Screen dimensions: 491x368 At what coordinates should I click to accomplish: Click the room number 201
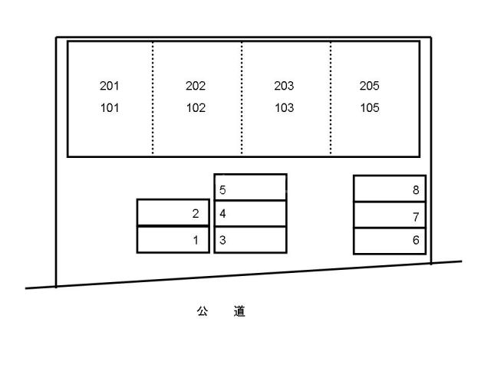[x=109, y=86]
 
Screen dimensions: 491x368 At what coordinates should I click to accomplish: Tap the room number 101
[x=110, y=108]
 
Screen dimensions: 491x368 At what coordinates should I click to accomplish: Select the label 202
[x=196, y=86]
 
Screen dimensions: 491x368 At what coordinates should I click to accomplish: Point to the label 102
[x=196, y=108]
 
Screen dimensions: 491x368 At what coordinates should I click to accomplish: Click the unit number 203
[x=284, y=86]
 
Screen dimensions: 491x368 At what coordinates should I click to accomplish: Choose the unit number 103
[x=285, y=108]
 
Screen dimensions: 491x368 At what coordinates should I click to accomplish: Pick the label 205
[x=370, y=86]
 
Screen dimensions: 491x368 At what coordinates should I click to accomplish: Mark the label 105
[x=370, y=108]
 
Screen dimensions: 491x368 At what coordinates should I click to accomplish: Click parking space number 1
[x=196, y=240]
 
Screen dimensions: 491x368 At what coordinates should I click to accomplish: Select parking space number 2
[x=196, y=214]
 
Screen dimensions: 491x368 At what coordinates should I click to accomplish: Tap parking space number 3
[x=222, y=240]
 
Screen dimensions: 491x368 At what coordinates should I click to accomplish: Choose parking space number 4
[x=222, y=214]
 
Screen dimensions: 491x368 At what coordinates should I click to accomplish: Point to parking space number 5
[x=222, y=190]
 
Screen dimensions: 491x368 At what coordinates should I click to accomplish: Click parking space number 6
[x=416, y=240]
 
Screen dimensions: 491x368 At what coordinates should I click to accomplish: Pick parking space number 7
[x=416, y=217]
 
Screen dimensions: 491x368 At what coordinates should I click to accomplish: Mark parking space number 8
[x=416, y=190]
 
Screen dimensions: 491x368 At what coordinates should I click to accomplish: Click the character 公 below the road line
[x=203, y=311]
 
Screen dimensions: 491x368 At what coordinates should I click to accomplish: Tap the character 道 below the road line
[x=239, y=311]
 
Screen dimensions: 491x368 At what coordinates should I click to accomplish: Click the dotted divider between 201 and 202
[x=153, y=98]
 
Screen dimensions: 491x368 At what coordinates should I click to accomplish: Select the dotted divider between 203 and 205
[x=331, y=98]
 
